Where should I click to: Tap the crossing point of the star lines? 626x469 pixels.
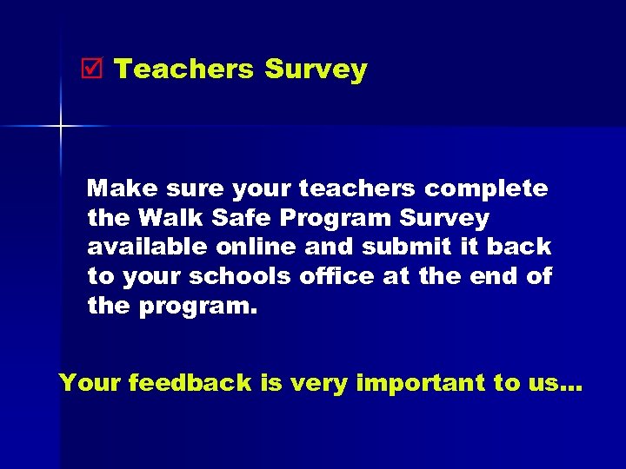pos(62,127)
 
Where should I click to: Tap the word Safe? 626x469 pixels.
pos(236,217)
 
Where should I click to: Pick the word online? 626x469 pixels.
pos(259,247)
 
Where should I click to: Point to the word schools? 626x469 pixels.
pos(240,276)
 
